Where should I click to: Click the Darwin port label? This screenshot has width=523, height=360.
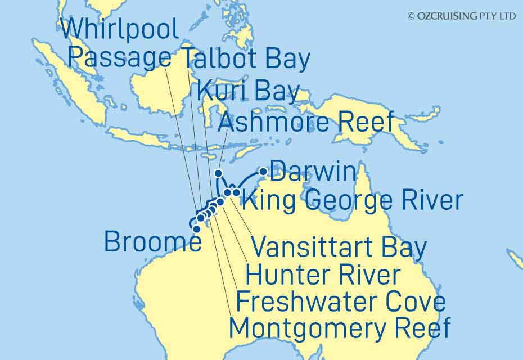click(313, 172)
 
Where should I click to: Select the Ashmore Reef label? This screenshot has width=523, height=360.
click(305, 121)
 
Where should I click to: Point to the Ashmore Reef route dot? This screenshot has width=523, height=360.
click(219, 173)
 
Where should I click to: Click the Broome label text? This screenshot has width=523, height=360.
click(152, 242)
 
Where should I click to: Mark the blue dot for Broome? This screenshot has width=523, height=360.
click(196, 229)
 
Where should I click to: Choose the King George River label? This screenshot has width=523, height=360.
click(354, 199)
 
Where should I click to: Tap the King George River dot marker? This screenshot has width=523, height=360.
click(237, 193)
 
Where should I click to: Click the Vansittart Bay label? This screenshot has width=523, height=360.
click(338, 247)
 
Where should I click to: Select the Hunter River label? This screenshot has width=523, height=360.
click(323, 275)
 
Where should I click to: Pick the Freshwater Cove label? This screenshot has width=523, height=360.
click(341, 301)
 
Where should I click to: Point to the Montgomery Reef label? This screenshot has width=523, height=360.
click(340, 327)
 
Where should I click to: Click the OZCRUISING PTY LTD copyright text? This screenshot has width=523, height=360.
click(461, 16)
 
